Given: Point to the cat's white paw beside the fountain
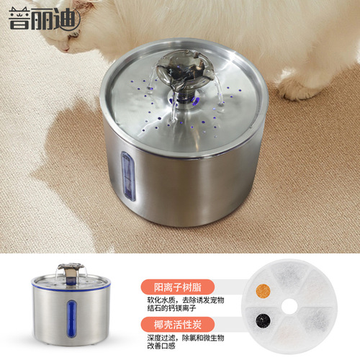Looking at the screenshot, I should [x=297, y=87].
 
